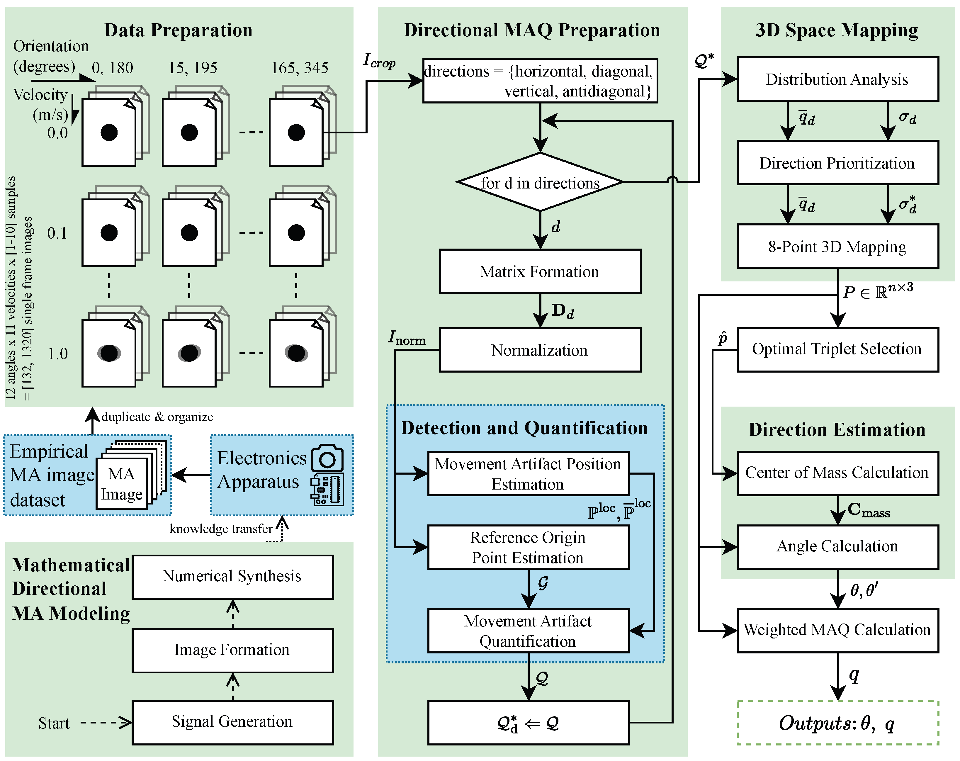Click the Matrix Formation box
tap(540, 271)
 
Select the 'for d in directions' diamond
tap(540, 182)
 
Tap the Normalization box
tap(540, 350)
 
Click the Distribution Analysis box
tap(837, 79)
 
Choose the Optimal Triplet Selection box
tap(837, 349)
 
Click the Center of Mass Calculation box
tap(837, 473)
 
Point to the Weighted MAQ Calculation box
tap(837, 630)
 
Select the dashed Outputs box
tap(837, 723)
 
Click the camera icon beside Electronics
tap(327, 458)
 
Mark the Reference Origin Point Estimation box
tap(528, 547)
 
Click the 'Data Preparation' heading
tap(178, 30)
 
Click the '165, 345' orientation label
tap(300, 68)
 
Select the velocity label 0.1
tap(57, 233)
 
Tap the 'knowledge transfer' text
tap(221, 529)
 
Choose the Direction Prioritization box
tap(837, 163)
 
